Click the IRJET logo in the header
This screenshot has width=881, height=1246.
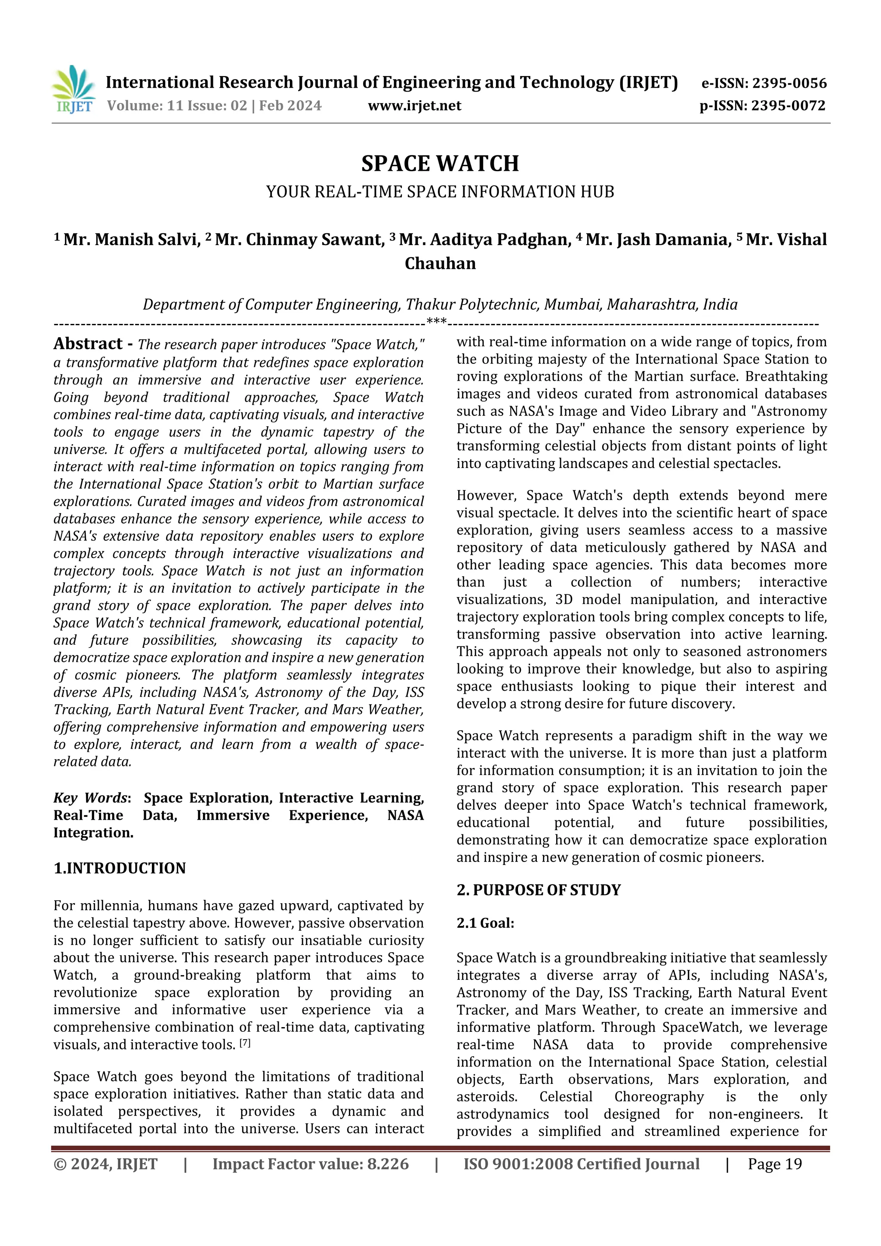[x=73, y=89]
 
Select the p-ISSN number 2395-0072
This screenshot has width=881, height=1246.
[x=788, y=106]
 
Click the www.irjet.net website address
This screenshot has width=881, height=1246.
[x=414, y=105]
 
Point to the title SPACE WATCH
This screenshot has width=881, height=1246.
[x=440, y=163]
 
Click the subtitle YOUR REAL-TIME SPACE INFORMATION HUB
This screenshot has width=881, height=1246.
[x=440, y=191]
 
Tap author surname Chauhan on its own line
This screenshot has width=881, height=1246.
[x=440, y=263]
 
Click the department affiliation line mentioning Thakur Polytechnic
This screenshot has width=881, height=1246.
[x=440, y=305]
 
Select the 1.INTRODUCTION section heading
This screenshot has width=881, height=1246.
[x=120, y=868]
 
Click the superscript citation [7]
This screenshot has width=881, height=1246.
[x=245, y=1043]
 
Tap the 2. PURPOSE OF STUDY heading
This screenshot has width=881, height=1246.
[x=539, y=890]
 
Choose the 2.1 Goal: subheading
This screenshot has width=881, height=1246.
[x=485, y=923]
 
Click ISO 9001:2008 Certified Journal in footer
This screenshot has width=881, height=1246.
[x=581, y=1164]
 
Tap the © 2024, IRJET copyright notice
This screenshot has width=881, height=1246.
[x=105, y=1164]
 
